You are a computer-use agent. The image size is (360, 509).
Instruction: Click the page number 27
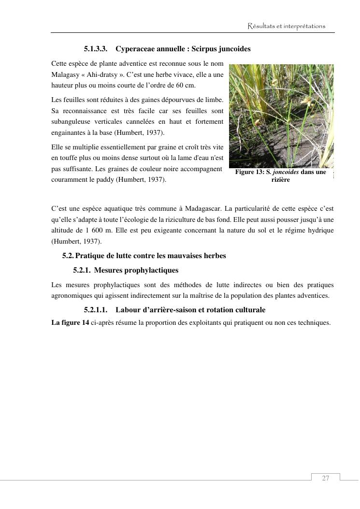coord(325,478)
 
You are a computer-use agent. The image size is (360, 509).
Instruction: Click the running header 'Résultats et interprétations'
coord(287,26)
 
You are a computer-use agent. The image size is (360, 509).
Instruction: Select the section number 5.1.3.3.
coord(95,49)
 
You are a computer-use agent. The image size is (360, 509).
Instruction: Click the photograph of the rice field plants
coord(281,116)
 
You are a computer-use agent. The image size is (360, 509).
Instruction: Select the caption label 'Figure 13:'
coord(250,172)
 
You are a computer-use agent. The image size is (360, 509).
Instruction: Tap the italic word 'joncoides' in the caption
coord(285,172)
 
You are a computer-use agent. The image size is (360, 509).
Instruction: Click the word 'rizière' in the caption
coord(281,180)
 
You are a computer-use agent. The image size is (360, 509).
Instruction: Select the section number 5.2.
coord(68,256)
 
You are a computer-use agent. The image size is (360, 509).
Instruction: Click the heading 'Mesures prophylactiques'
coord(136,270)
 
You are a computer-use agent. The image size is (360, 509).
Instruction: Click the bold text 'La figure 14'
coord(70,322)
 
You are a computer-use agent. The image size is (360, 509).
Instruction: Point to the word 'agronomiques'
coord(71,295)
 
